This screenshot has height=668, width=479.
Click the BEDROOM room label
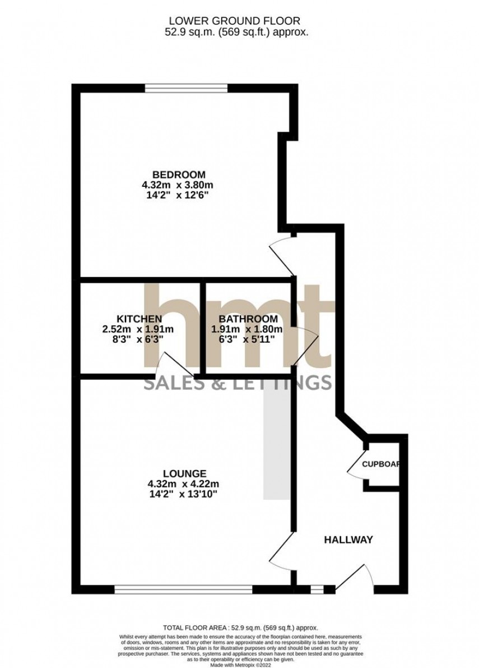click(180, 174)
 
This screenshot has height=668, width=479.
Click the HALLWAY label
click(348, 540)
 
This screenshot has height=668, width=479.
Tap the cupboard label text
click(383, 464)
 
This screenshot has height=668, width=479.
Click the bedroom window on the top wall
click(186, 87)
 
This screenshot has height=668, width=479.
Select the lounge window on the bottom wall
click(183, 589)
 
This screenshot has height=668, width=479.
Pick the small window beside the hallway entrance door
click(317, 589)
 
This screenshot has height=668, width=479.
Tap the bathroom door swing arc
click(308, 344)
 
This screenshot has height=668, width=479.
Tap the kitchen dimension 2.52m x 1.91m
click(138, 329)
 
